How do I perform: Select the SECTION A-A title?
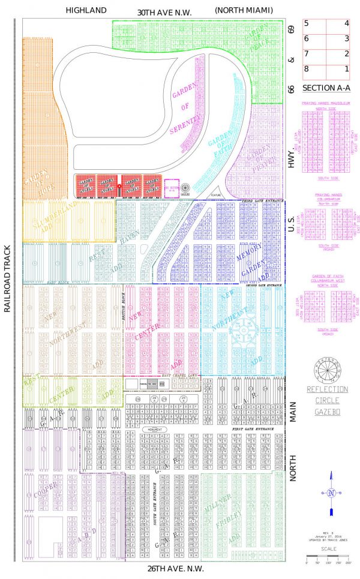[x=327, y=88]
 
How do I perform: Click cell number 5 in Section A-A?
[x=306, y=23]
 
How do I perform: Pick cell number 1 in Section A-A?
[x=346, y=69]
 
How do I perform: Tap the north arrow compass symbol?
[x=330, y=493]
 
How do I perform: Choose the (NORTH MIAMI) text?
[x=243, y=11]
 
